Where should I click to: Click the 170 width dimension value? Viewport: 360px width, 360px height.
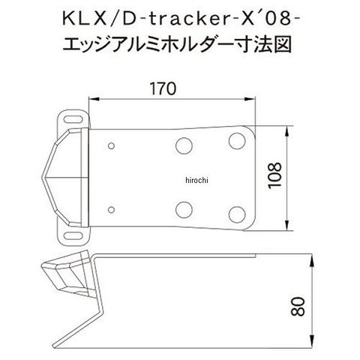pos(163,88)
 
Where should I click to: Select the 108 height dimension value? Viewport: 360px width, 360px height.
pos(274,175)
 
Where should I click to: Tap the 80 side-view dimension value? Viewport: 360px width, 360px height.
pos(298,307)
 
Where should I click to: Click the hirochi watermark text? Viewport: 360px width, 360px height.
pos(196,180)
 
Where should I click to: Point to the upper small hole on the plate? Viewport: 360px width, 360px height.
pos(111,145)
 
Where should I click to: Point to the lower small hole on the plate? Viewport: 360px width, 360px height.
pos(111,209)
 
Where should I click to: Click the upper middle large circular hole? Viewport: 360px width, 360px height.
pos(184,145)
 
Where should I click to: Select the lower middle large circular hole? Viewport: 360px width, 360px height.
pos(184,209)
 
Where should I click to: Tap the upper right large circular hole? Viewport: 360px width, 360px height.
pos(237,141)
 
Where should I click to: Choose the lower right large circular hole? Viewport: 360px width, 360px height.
pos(237,214)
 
